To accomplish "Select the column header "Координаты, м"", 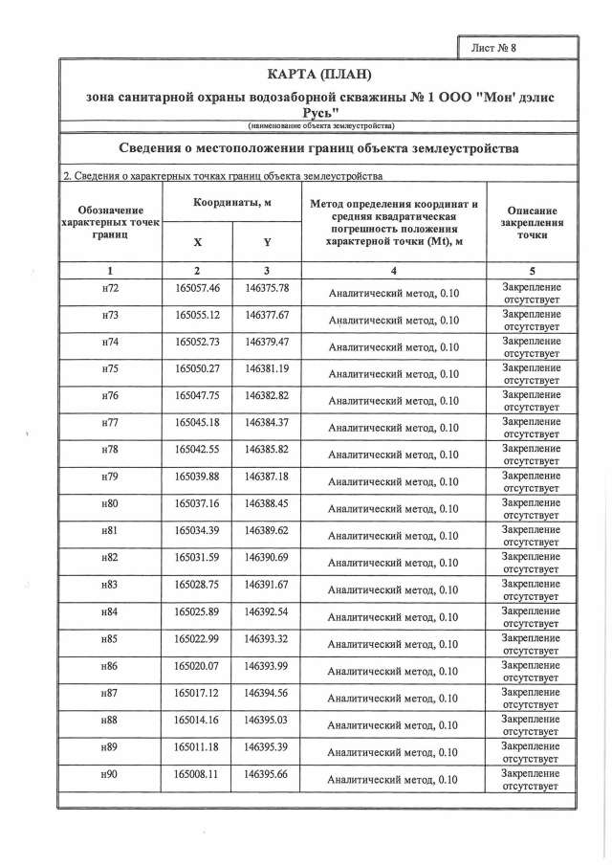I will point(232,204).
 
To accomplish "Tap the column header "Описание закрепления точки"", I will point(532,221).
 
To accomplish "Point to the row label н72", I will point(111,288).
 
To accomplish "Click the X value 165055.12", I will point(197,315).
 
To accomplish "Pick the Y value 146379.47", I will point(267,342).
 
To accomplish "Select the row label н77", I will point(111,422).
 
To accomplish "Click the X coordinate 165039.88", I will point(197,476).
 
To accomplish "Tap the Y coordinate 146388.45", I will point(267,502).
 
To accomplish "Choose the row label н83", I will point(111,584).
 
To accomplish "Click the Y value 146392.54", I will point(267,611).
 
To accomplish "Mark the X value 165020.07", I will point(197,664).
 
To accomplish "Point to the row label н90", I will point(111,773).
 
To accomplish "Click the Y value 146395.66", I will point(267,773).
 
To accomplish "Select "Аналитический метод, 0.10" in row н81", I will point(393,536).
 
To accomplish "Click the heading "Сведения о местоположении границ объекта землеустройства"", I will point(319,149).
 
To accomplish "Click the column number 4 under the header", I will point(393,270).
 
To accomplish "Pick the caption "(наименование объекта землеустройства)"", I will point(319,125).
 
